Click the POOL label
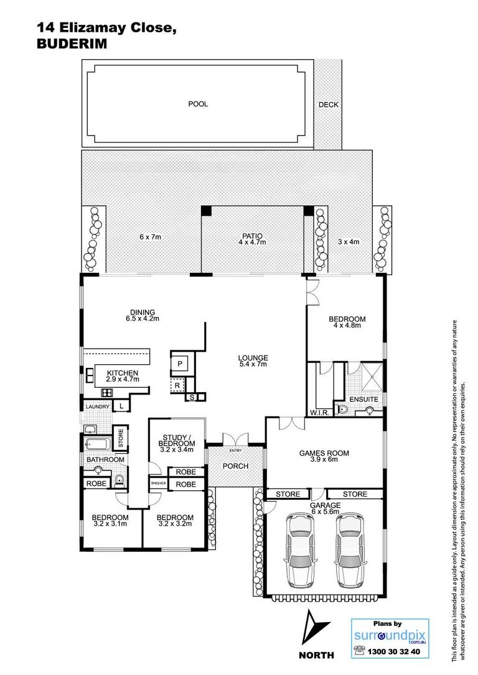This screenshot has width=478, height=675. [198, 104]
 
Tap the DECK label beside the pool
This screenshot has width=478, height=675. [329, 104]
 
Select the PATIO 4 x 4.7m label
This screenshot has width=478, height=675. [252, 239]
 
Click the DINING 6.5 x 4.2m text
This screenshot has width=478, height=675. [143, 316]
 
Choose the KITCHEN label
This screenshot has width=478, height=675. [123, 373]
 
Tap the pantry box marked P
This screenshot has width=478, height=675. [180, 364]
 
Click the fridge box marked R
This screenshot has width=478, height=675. [177, 385]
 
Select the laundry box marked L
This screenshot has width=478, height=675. [121, 405]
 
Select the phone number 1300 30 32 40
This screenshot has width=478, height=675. [393, 652]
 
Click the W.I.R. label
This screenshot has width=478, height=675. [320, 413]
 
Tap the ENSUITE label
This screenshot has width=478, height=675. [363, 400]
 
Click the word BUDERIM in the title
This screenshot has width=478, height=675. [72, 44]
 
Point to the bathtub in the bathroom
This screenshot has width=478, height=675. [98, 443]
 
